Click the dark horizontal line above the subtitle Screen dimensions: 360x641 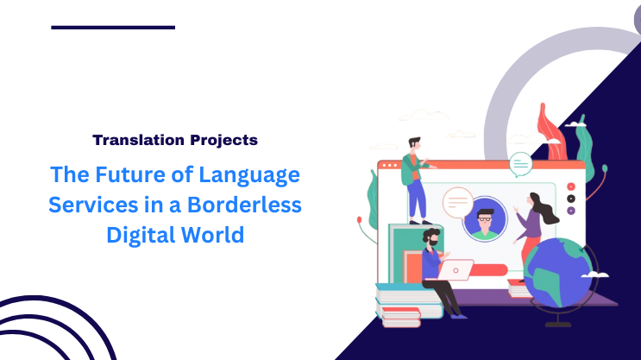[x=113, y=27]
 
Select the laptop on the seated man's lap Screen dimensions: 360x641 [x=456, y=269]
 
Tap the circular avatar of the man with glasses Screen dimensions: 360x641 [x=484, y=219]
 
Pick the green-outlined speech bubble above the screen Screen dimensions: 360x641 [x=520, y=162]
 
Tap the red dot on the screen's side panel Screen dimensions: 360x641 [x=571, y=186]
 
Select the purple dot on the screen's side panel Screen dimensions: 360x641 [x=571, y=210]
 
